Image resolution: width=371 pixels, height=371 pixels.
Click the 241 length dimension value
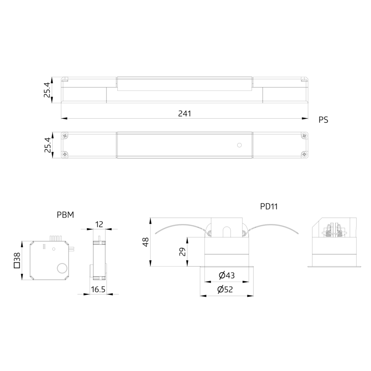(184, 114)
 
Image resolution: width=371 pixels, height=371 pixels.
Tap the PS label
(323, 120)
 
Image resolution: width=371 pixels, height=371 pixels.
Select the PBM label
(66, 215)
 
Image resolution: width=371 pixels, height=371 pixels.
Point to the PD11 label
(269, 206)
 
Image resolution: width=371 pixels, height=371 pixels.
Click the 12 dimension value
(99, 224)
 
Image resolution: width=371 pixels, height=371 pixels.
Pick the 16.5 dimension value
(98, 289)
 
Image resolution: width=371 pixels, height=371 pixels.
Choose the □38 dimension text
(17, 260)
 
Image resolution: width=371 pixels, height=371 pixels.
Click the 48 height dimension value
(146, 242)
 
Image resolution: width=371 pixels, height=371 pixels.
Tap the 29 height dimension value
(183, 252)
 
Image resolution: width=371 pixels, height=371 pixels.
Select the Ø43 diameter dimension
(227, 275)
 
